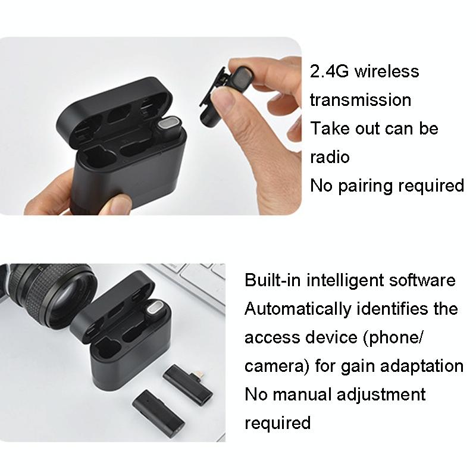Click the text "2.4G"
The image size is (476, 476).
pos(329,71)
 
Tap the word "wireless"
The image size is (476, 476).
pos(387,71)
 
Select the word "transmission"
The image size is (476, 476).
pos(361,100)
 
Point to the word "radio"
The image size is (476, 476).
pos(330,157)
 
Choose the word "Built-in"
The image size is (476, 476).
pos(273,280)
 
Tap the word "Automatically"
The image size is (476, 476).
pos(298,309)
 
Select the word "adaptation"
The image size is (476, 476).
pos(422,366)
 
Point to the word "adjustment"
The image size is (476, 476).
pos(381,394)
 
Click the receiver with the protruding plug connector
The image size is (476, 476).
pos(187,385)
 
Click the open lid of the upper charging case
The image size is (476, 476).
pos(114,109)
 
